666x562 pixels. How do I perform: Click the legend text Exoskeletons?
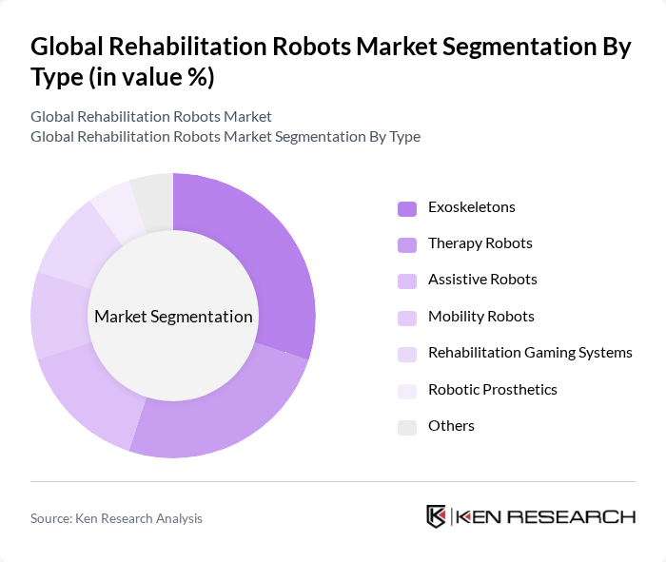(x=472, y=207)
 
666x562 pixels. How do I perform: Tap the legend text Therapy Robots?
(x=480, y=243)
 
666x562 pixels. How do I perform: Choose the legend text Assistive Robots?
(x=482, y=280)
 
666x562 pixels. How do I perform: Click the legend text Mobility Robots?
(x=480, y=317)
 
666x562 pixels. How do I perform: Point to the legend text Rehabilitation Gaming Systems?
(x=530, y=353)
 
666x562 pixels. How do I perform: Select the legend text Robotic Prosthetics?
(x=493, y=390)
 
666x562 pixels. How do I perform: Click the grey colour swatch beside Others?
(x=407, y=427)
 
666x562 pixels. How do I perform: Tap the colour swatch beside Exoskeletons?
(x=407, y=208)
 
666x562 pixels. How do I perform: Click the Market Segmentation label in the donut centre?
(x=173, y=317)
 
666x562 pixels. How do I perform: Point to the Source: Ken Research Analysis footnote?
(x=116, y=518)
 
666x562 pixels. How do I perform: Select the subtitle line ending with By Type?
(x=225, y=136)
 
